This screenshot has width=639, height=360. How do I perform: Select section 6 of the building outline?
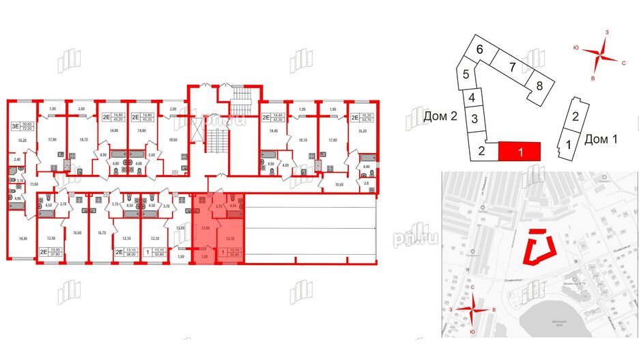coord(480,49)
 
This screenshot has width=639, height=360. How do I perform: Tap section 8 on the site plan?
coord(539,86)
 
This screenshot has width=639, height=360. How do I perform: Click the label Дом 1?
coord(601,140)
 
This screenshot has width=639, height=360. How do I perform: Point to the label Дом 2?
coord(439,117)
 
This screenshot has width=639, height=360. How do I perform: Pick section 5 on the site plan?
coord(465,75)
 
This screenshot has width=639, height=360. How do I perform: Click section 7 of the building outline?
coord(511,67)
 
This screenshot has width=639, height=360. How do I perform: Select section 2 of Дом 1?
coord(576,116)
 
